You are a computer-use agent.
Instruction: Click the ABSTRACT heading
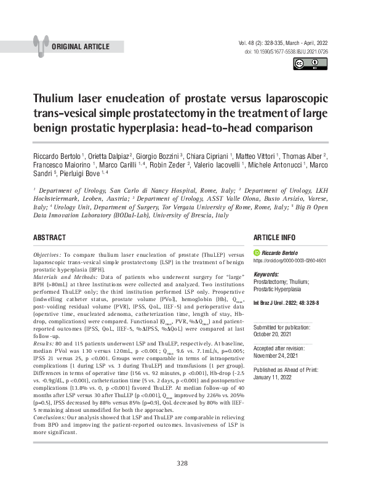point(50,238)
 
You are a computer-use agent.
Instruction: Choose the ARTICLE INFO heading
point(274,238)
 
